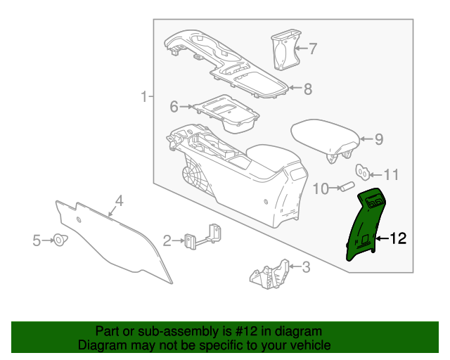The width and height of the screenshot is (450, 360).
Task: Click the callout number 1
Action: pos(143,96)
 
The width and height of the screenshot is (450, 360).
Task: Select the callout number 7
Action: pos(313,49)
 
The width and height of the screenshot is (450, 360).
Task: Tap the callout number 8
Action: pos(307,89)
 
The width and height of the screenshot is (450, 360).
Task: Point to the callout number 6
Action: pos(174,107)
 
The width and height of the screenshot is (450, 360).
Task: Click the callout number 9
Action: pos(378,139)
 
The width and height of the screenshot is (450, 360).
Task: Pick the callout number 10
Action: pos(321,188)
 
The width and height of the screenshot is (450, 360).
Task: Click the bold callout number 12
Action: pos(397,239)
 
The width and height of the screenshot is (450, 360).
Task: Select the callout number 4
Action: pos(120,201)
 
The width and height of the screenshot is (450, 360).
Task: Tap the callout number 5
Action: pos(37,241)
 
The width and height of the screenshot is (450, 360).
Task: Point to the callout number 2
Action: pos(167,241)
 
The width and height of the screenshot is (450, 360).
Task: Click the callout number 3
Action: pos(306,266)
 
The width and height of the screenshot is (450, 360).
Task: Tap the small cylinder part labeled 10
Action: pos(346,187)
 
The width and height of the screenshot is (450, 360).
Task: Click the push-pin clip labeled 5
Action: pos(60,241)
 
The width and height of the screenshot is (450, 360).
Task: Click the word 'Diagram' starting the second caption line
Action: pos(102,345)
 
